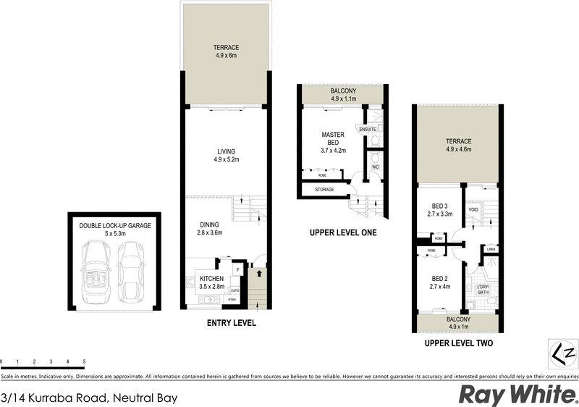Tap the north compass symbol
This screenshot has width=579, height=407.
(x=564, y=354)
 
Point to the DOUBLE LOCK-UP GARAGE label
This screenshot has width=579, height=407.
(x=115, y=226)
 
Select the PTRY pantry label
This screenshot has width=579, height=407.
(x=232, y=300)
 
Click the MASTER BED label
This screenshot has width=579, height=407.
(x=334, y=138)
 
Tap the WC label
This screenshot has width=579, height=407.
(x=375, y=167)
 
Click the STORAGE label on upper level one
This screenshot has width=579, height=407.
(x=324, y=190)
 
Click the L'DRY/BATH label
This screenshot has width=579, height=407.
(x=483, y=291)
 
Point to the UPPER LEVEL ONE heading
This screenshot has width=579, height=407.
(x=342, y=232)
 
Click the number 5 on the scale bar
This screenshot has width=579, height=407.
(x=85, y=361)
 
